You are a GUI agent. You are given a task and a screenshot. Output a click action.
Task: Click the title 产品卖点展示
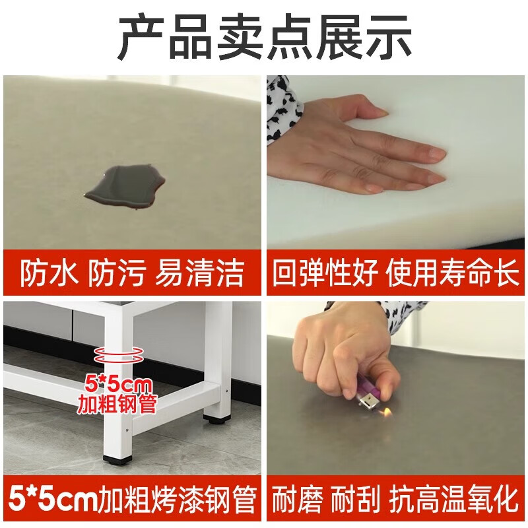[264, 38]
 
